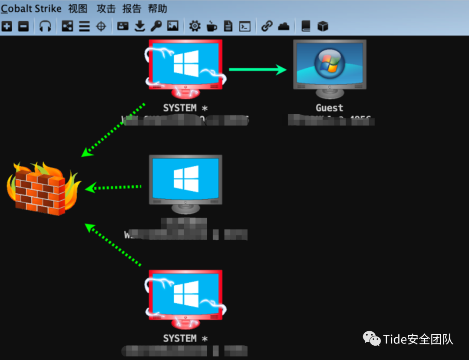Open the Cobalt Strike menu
[31, 9]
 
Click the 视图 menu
[78, 9]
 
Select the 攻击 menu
[106, 9]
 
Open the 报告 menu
[132, 9]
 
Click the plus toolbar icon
[7, 26]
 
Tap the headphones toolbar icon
[45, 26]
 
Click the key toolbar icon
[156, 26]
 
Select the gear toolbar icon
[195, 26]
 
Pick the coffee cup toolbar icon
[211, 26]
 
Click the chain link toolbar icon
[267, 26]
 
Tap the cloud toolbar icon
[284, 26]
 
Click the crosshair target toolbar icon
[101, 26]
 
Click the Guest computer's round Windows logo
[329, 62]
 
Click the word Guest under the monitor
[329, 108]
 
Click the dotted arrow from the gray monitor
[114, 188]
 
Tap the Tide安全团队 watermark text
[418, 339]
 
